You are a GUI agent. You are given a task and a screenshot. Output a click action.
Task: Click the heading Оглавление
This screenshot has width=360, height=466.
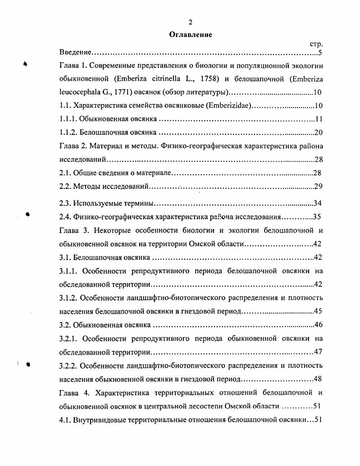(x=191, y=34)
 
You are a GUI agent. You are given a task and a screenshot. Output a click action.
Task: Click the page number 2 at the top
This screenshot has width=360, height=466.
(x=191, y=22)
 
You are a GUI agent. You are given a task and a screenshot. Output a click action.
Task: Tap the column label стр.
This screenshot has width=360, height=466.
(x=317, y=44)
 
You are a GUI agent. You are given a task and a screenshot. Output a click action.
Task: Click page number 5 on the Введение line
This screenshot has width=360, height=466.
(x=319, y=53)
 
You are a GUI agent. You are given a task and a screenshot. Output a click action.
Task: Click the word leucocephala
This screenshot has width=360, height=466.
(x=79, y=92)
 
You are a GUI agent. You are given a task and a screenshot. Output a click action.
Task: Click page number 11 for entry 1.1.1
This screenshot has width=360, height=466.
(x=318, y=119)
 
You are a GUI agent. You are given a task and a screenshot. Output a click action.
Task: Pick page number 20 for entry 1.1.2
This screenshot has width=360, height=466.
(x=318, y=132)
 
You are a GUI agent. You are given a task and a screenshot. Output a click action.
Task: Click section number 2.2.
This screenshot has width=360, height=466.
(x=65, y=186)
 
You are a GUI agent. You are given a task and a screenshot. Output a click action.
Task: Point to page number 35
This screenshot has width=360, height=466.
(x=317, y=216)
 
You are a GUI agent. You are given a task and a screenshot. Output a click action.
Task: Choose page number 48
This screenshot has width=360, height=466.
(x=317, y=379)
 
